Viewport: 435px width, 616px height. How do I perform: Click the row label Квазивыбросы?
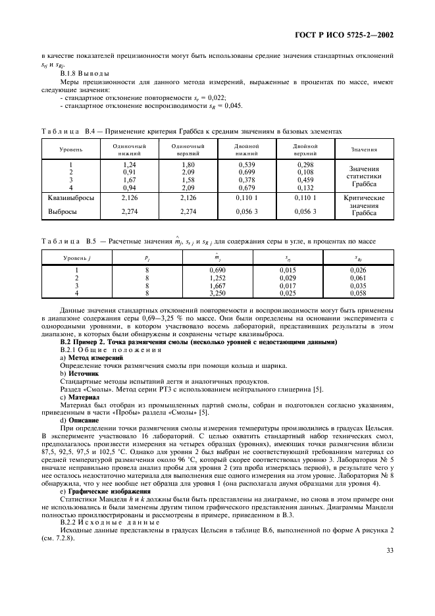[71, 197]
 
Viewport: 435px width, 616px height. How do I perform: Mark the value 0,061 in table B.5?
[357, 277]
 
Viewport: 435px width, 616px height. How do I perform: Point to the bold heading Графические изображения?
[101, 491]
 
